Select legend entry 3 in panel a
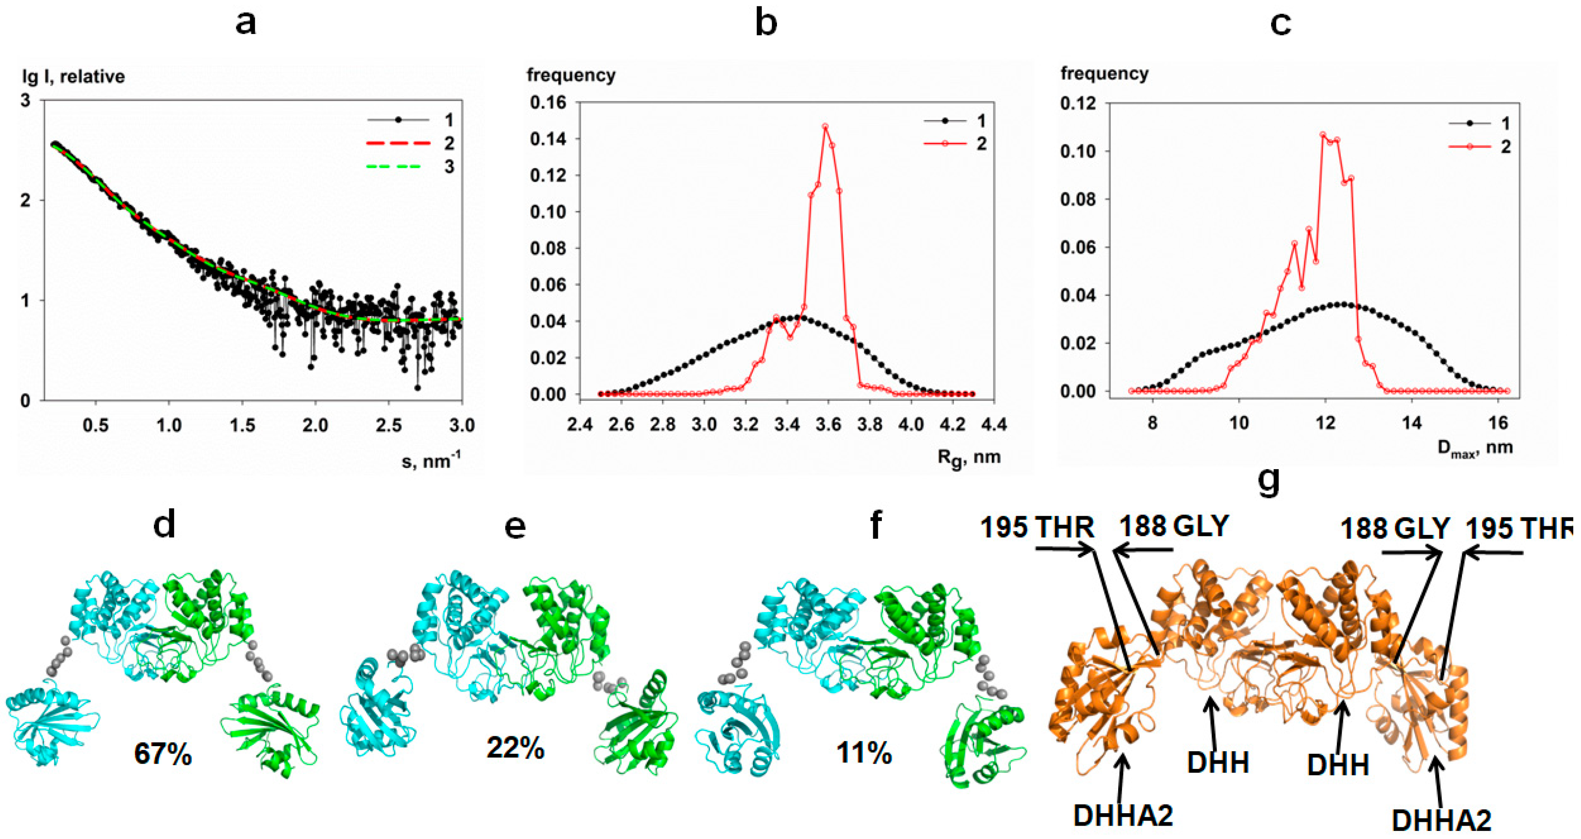coord(449,166)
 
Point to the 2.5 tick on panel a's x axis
coord(388,425)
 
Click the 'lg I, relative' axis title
coord(73,77)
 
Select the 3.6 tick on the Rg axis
coord(829,424)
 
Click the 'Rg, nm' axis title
coord(969,458)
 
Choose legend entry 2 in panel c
coord(1505,147)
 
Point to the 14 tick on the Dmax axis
coord(1412,423)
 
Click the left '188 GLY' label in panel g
coord(1174,526)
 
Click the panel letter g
coord(1269,481)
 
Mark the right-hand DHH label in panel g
coord(1338,765)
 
